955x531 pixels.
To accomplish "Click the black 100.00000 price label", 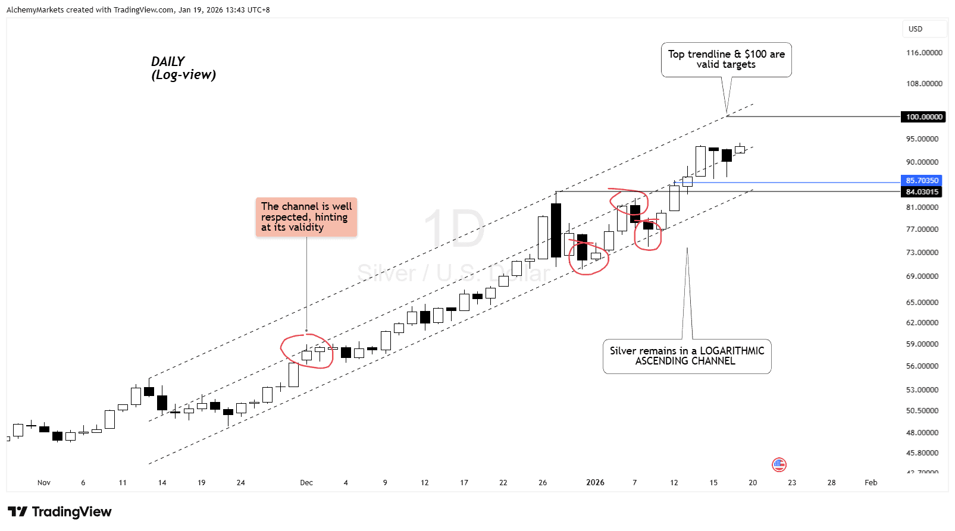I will (923, 117).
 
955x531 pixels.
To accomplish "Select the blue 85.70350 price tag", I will (922, 180).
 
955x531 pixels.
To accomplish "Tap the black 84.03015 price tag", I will (922, 191).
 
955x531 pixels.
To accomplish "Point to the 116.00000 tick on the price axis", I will (923, 53).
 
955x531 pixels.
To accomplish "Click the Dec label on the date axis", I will (306, 482).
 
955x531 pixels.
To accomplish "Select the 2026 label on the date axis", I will (595, 482).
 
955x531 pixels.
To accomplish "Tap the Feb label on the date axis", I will (871, 482).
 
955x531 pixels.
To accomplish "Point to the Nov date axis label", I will (44, 482).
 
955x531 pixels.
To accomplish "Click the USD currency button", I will (916, 29).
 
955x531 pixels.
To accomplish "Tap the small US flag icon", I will (779, 464).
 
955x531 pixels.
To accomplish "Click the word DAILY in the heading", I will (168, 61).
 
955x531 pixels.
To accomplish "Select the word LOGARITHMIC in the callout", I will (732, 351).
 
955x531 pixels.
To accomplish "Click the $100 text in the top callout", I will (755, 54).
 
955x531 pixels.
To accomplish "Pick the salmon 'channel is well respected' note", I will (306, 217).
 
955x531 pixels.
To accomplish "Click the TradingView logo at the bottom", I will (60, 512).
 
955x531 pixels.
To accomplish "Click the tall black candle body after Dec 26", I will (556, 230).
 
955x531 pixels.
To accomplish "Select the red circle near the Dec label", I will (306, 351).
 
